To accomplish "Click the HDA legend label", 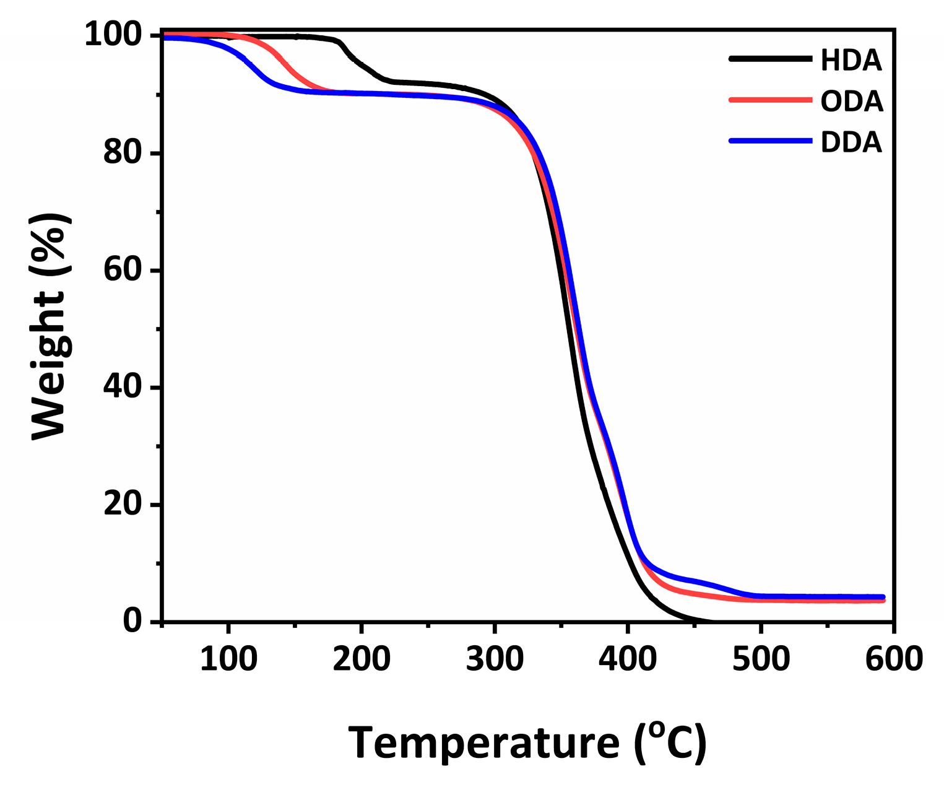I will [851, 61].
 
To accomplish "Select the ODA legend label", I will [852, 102].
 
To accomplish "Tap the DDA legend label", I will [851, 142].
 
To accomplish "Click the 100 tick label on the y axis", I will [115, 35].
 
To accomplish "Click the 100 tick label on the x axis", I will [228, 659].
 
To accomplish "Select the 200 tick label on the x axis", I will [362, 659].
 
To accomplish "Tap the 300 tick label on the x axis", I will [495, 659].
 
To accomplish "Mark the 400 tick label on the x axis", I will [628, 659].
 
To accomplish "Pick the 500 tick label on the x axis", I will [761, 659].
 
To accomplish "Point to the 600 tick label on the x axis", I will [893, 659].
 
